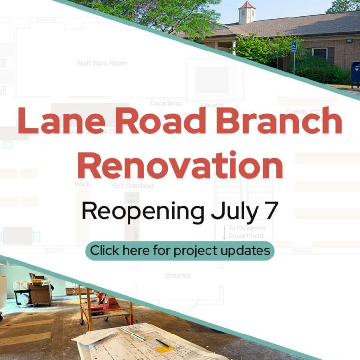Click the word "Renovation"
180,164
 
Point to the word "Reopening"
143,211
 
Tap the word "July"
236,211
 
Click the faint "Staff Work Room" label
102,63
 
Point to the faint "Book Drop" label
166,103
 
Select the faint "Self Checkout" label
133,186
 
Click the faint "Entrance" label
178,276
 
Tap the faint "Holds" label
82,184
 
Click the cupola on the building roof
247,12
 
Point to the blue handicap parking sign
293,48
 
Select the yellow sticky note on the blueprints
163,349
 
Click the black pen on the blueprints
162,342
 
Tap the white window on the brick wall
320,53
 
